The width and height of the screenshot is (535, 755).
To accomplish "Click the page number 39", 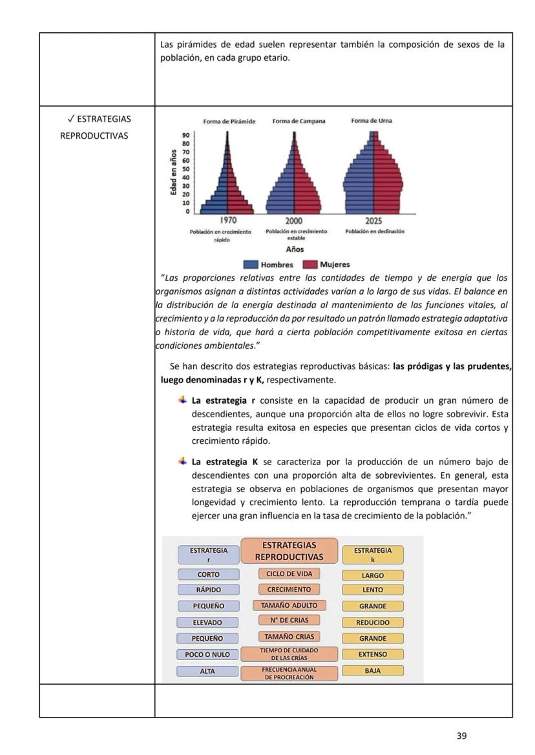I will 461,736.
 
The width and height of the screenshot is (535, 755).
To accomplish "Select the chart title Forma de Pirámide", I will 229,121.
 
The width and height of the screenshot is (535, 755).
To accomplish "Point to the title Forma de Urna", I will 372,121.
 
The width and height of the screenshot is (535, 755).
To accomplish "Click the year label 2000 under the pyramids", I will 294,221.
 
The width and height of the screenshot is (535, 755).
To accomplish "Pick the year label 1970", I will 227,221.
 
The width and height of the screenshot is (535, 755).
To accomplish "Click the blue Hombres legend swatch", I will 251,264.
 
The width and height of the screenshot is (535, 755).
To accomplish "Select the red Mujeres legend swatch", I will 311,264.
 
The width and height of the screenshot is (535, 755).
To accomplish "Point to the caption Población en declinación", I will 375,231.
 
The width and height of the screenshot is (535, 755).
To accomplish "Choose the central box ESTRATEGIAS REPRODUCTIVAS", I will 289,551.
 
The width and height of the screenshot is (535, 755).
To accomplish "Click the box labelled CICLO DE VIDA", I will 289,574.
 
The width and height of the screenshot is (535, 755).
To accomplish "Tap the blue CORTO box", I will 208,574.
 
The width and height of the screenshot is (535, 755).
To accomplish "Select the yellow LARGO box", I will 373,575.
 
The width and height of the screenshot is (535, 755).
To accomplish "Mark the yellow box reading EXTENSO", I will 373,654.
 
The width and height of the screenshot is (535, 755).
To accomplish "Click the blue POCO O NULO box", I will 208,654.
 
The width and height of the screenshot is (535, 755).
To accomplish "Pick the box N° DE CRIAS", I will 289,620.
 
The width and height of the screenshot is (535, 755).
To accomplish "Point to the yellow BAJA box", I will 373,670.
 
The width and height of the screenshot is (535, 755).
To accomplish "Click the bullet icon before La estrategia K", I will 183,462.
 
